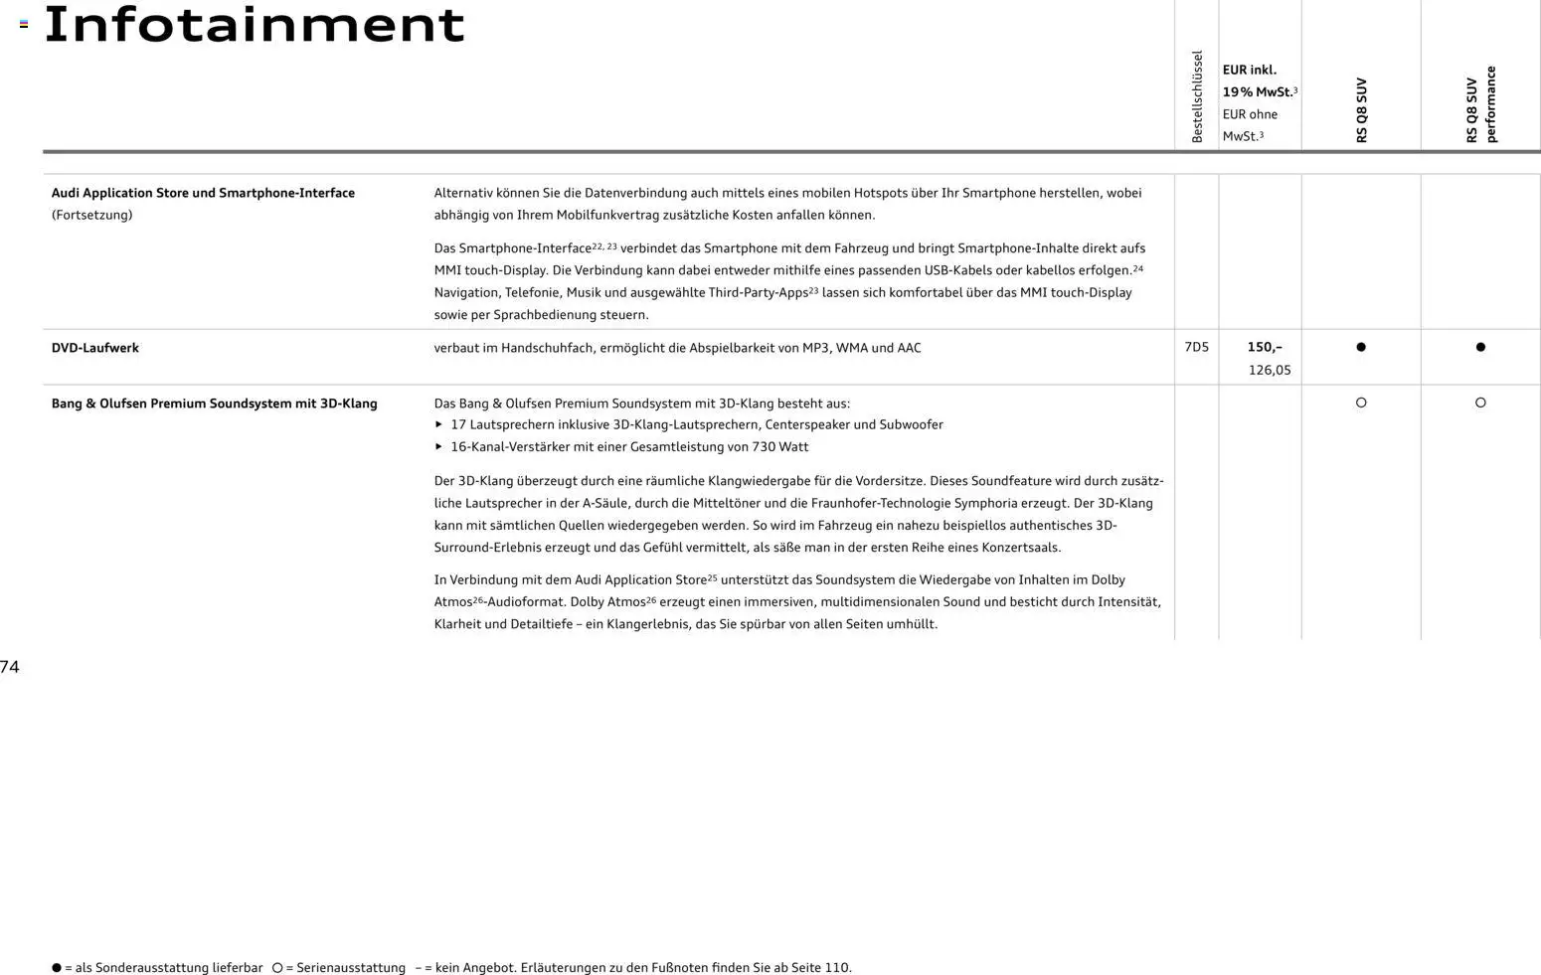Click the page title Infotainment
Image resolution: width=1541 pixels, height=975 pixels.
(x=255, y=26)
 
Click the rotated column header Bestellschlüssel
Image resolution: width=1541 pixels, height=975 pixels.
(x=1197, y=96)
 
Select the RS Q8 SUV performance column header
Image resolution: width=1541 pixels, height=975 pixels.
(x=1480, y=104)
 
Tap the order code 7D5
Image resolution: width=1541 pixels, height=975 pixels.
(x=1196, y=347)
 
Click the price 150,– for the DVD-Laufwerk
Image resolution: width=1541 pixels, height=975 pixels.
(x=1265, y=347)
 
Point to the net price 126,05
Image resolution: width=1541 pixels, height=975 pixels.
(x=1270, y=370)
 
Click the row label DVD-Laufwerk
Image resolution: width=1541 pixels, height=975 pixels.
(x=95, y=348)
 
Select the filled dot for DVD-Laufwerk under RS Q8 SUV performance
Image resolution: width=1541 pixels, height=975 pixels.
(x=1480, y=347)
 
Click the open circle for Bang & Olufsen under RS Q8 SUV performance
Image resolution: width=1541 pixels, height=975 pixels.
(x=1480, y=403)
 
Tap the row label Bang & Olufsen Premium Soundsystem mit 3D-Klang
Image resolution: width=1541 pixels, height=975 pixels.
(x=214, y=404)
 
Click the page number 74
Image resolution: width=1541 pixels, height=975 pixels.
(x=10, y=667)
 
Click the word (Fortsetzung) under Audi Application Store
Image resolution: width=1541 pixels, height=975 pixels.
(x=91, y=215)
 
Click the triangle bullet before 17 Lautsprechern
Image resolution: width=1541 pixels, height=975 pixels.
(x=438, y=424)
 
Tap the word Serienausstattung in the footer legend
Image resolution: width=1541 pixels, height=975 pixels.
(x=351, y=967)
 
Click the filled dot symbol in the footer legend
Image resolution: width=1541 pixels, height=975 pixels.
(x=57, y=967)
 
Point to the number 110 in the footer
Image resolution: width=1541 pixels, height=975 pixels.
(x=836, y=967)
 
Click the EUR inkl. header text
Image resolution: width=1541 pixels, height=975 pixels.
(x=1249, y=70)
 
